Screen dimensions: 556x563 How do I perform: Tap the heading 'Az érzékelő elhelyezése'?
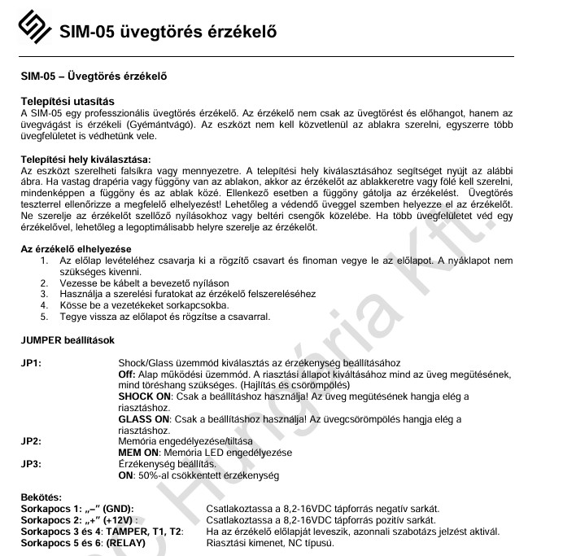76,248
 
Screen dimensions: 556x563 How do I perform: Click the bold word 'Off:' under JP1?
127,374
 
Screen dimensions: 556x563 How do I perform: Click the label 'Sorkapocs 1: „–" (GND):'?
76,508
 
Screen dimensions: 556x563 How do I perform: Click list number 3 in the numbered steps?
44,295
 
